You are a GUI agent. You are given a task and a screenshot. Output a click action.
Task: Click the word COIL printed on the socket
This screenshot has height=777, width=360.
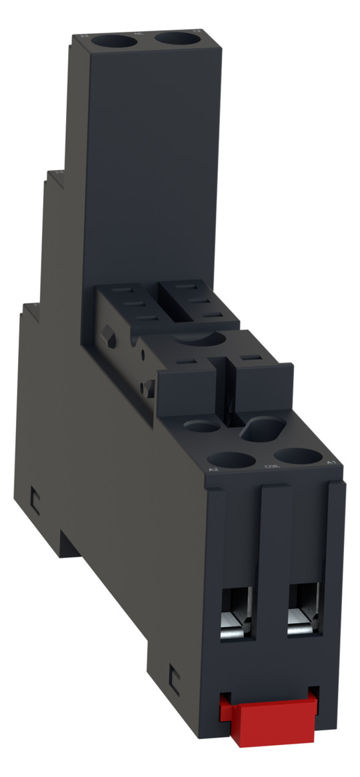click(x=271, y=466)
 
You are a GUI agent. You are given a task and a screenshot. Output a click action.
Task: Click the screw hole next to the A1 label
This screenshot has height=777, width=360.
click(x=298, y=455)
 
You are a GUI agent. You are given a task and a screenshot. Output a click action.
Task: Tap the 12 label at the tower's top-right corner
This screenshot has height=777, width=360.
click(x=196, y=31)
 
